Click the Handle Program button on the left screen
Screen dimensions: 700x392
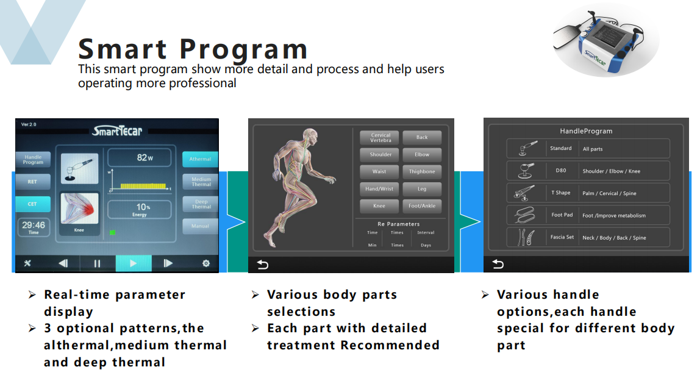click(33, 159)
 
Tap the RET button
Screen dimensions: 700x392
click(33, 182)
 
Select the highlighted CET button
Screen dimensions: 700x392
click(33, 204)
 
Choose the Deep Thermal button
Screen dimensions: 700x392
click(201, 204)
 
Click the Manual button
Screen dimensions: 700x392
click(201, 226)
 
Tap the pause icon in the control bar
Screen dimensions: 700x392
click(97, 263)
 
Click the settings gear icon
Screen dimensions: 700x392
click(206, 263)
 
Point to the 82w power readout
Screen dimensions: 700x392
click(145, 158)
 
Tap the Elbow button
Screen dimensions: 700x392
click(422, 154)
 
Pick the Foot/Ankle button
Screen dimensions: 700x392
click(422, 206)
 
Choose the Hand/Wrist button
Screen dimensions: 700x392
click(379, 189)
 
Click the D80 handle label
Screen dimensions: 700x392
click(561, 171)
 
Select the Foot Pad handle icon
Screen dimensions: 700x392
click(526, 215)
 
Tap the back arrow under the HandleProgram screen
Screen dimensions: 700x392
click(498, 265)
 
